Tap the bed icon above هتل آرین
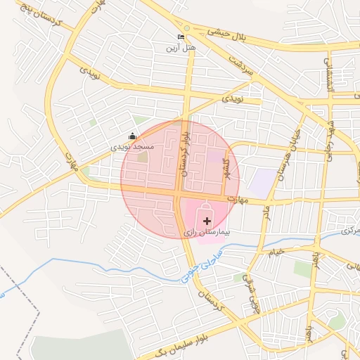(181, 37)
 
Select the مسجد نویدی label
(132, 148)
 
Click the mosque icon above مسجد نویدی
(132, 136)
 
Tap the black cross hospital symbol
(206, 221)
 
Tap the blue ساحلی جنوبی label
(192, 269)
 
